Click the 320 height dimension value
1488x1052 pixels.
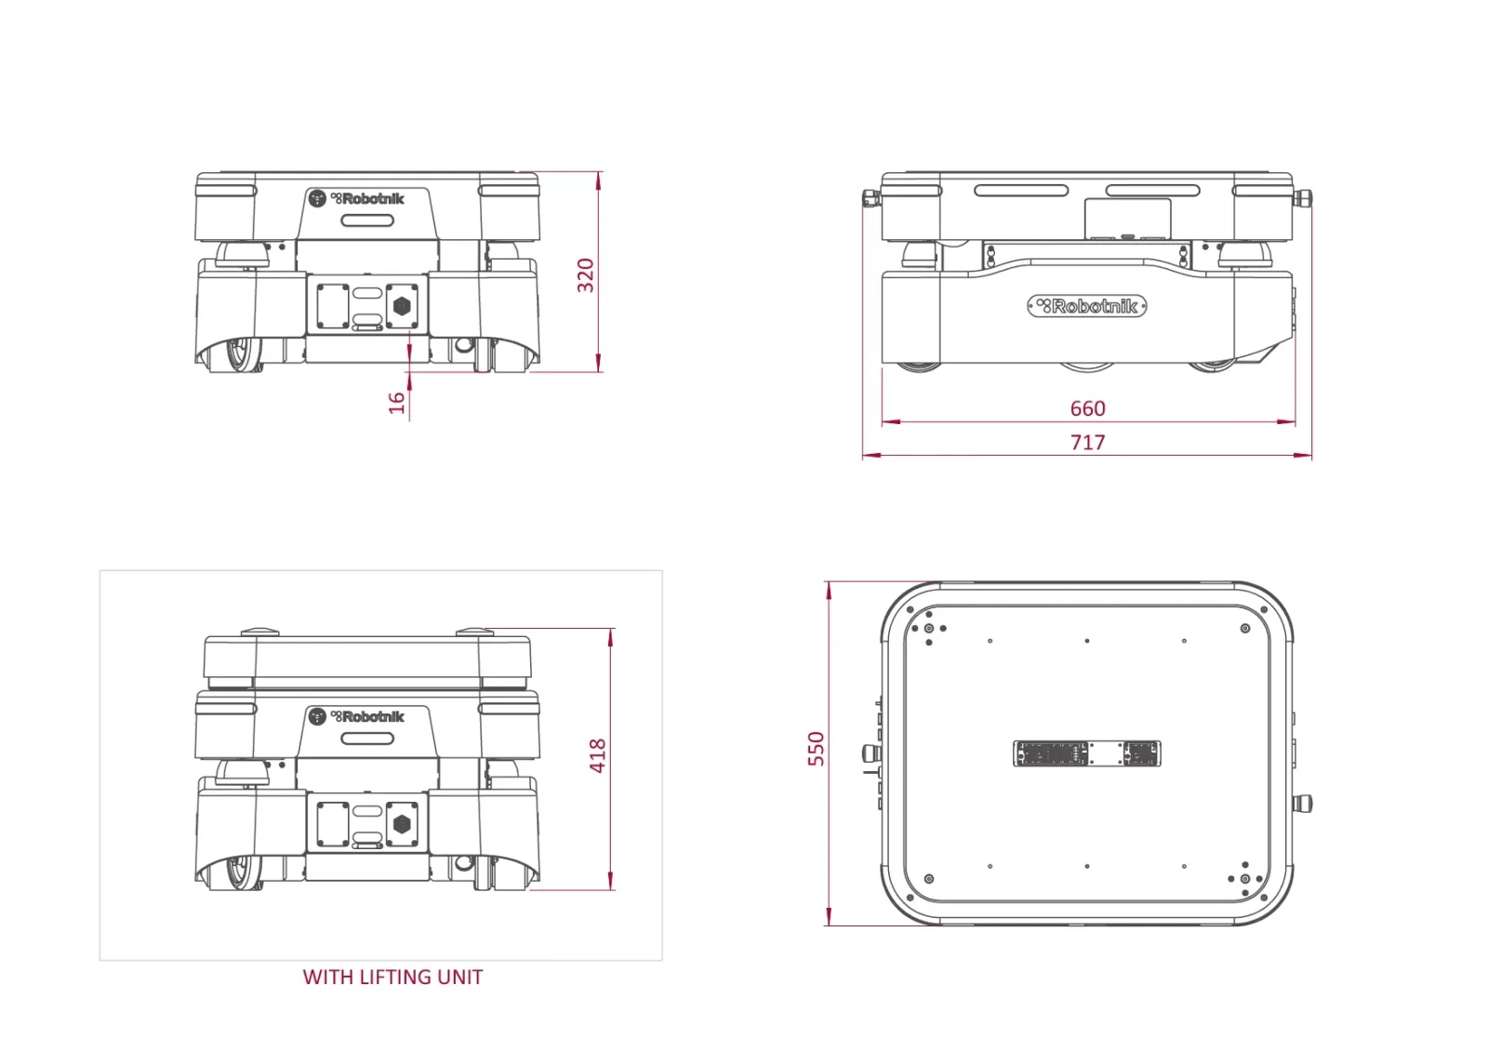tap(585, 275)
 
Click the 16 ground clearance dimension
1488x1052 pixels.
tap(396, 403)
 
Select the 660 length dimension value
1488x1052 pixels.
tap(1087, 408)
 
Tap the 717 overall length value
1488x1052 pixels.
tap(1087, 442)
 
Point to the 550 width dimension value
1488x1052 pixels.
tap(816, 748)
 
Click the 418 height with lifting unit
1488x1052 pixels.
tap(598, 755)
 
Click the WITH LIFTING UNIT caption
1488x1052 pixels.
tap(392, 977)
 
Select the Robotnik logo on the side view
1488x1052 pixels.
tap(1087, 306)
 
